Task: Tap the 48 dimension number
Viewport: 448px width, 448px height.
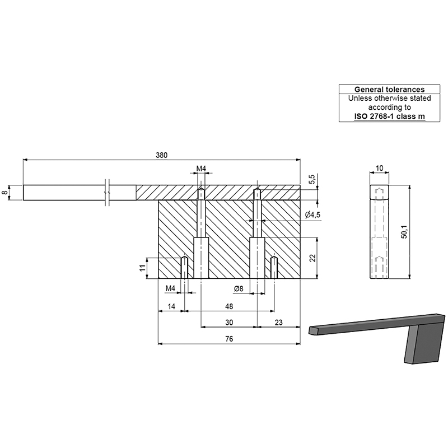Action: click(x=229, y=307)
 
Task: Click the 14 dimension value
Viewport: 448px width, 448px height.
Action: click(x=171, y=307)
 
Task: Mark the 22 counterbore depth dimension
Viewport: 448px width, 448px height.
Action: click(x=312, y=258)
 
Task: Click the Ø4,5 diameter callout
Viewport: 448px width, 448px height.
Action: click(x=312, y=215)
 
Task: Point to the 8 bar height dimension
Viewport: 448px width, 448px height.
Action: click(x=5, y=192)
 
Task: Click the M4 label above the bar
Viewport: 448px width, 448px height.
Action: click(x=202, y=168)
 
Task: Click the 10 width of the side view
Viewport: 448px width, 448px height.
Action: click(x=380, y=168)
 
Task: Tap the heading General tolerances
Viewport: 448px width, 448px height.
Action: click(x=389, y=89)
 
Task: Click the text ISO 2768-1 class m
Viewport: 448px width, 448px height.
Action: click(x=389, y=116)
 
